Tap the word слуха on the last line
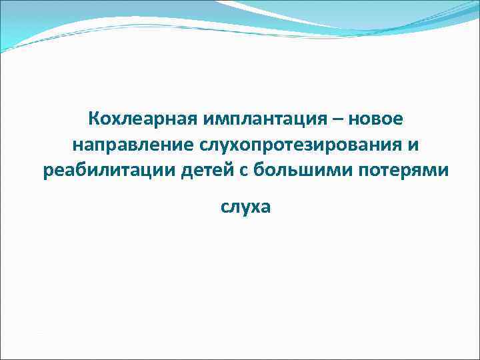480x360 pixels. tap(246, 208)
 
